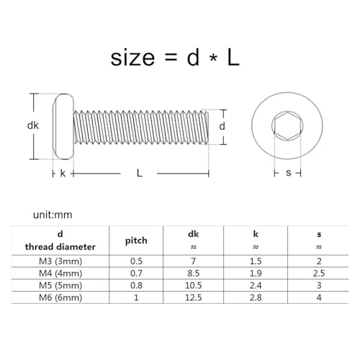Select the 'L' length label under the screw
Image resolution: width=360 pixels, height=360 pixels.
coord(139,174)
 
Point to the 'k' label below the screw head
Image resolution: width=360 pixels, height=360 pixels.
coord(63,174)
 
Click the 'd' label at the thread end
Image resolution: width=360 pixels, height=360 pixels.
coord(224,126)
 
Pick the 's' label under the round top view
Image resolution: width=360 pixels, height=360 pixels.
coord(288,174)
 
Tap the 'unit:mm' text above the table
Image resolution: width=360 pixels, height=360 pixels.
coord(53,215)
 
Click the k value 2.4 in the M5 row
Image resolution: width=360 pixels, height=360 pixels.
coord(256,286)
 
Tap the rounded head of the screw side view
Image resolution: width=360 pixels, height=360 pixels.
coord(63,126)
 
